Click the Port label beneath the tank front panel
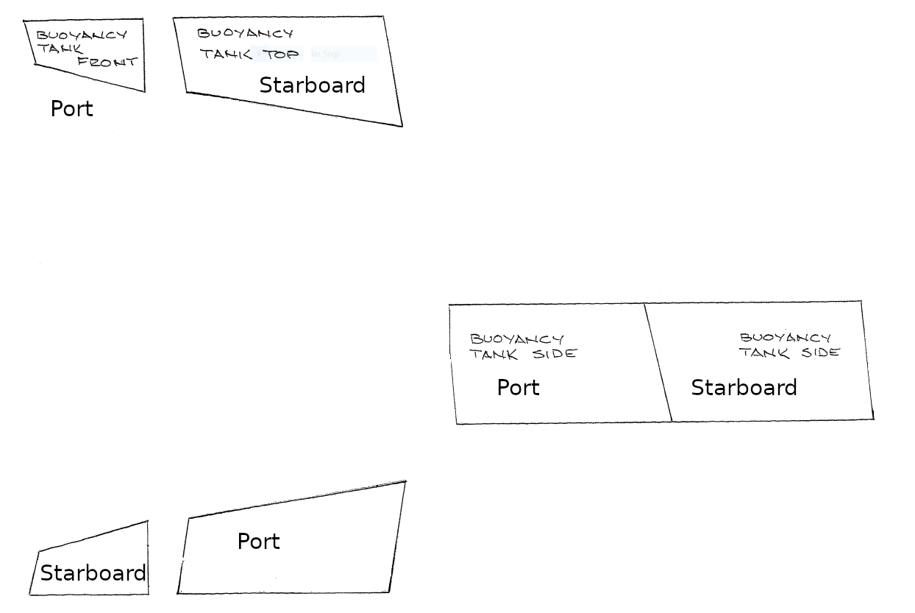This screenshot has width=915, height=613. coord(71,109)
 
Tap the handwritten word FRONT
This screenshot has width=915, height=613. coord(107,63)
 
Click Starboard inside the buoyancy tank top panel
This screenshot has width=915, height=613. coord(312,85)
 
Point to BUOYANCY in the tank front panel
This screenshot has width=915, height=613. coord(82,35)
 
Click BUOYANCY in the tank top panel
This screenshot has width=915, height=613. coord(245,33)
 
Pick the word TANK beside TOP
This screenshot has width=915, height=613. coord(226,54)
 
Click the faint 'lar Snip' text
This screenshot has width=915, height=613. coord(325,54)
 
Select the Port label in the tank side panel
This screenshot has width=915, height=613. coord(518,388)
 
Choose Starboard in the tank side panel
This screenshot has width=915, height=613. coord(744,388)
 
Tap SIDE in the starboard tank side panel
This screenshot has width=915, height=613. coord(820,352)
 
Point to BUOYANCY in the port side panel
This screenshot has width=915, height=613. coord(517,339)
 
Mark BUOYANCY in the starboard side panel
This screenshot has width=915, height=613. coord(786,338)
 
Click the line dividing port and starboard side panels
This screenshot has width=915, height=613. coord(658,362)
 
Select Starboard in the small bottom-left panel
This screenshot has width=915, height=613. coord(93,573)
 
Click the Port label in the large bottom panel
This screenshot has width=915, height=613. coord(258,542)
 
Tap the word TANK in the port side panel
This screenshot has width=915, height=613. coord(494,355)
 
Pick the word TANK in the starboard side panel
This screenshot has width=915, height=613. coord(764,353)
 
